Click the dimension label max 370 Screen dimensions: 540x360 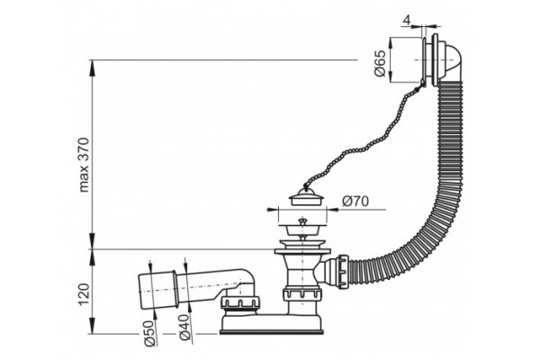(x=85, y=165)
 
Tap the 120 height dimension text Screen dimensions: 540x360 (x=84, y=294)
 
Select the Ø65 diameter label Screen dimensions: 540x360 (x=380, y=64)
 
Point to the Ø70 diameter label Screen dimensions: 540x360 (x=355, y=202)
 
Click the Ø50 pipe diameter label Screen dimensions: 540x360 (x=149, y=333)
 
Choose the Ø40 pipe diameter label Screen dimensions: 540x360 (x=185, y=328)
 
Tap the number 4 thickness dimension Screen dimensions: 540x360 (x=407, y=21)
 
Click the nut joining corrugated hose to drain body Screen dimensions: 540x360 (x=344, y=272)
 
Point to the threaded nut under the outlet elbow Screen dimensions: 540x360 (x=240, y=303)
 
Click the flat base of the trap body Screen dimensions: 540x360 (x=272, y=332)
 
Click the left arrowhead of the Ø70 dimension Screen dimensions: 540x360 (x=272, y=209)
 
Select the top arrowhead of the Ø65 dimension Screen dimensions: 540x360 (x=391, y=43)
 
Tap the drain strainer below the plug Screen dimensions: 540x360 (x=302, y=228)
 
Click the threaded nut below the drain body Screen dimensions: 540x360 (x=302, y=294)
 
